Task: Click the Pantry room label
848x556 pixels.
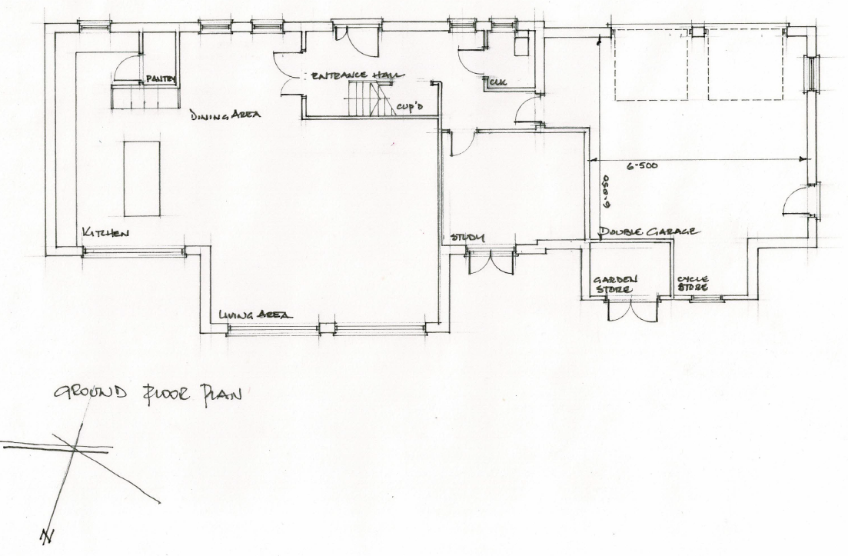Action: click(x=161, y=78)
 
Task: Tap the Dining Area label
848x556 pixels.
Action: click(x=226, y=115)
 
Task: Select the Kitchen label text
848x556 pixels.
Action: click(x=107, y=233)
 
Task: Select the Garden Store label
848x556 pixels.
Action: click(x=614, y=285)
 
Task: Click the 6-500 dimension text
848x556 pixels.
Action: click(x=641, y=166)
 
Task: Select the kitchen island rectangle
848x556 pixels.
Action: click(x=142, y=178)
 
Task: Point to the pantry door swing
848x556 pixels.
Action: click(x=128, y=68)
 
